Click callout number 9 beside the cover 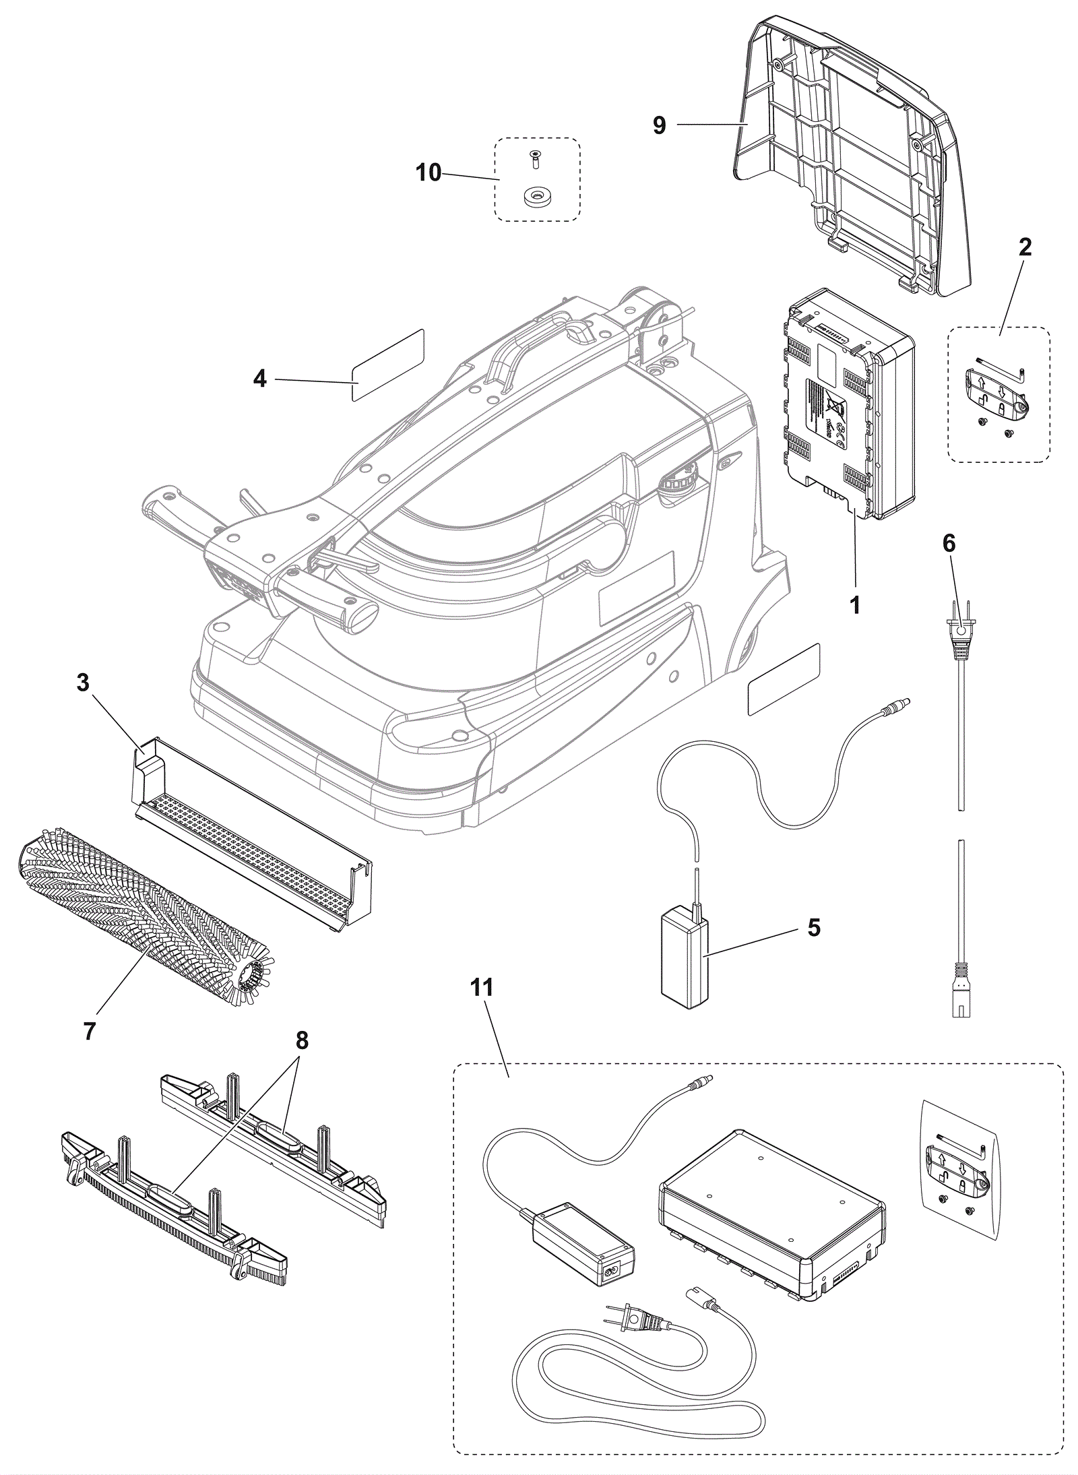(x=659, y=125)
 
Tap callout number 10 (x=429, y=172)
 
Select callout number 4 (x=259, y=379)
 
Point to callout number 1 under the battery (x=855, y=604)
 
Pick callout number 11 (x=482, y=988)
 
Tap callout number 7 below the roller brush (x=90, y=1031)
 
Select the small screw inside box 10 (x=535, y=160)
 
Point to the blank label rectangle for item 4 (x=387, y=365)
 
